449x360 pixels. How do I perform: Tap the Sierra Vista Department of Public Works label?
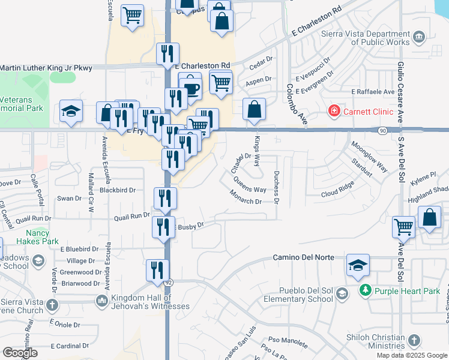(372, 38)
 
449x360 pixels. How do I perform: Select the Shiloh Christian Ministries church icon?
(414, 341)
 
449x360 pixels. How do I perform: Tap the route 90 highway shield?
(382, 130)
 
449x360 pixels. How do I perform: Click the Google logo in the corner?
(20, 353)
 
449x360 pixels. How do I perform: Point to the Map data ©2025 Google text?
(411, 355)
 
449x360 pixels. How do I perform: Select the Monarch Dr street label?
(246, 197)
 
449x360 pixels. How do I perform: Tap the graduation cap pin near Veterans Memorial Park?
(71, 112)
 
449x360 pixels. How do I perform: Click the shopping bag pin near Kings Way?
(254, 110)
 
